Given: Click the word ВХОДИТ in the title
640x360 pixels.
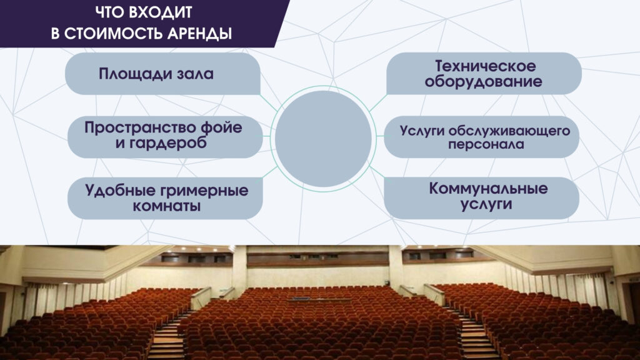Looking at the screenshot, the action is point(161,12).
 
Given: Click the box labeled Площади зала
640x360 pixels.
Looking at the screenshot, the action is point(162,74).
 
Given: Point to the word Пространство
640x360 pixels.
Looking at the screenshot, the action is point(139,127).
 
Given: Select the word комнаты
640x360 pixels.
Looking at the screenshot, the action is point(166,206).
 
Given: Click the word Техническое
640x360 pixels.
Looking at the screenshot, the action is point(485,66).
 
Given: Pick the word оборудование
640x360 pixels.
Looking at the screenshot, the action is point(483,82).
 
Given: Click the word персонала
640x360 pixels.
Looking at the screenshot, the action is point(486,144).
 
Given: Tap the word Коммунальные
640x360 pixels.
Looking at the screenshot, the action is point(488,189).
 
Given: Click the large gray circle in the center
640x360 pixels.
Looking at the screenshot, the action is point(323,139).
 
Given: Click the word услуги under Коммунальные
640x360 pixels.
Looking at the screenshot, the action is point(486,204).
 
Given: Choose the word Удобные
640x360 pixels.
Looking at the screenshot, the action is point(121,191).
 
